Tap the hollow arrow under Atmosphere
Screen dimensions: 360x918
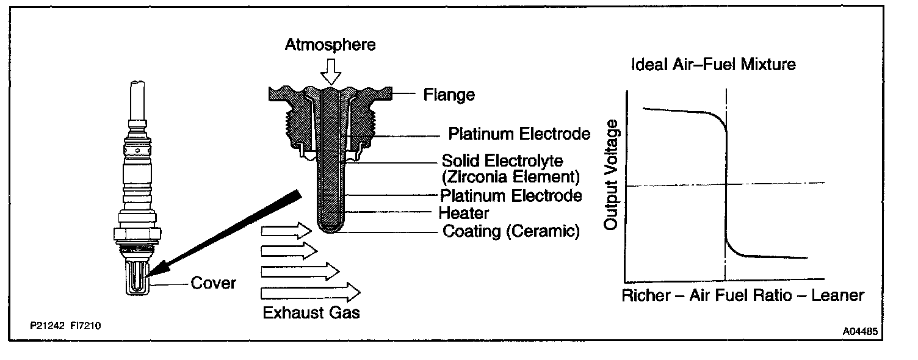[x=331, y=72]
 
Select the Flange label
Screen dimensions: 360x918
[x=449, y=95]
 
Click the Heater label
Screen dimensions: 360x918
[x=464, y=214]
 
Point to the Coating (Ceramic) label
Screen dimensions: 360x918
[x=510, y=232]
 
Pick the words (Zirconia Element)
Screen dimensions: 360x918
[x=510, y=178]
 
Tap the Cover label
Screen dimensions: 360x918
[x=213, y=283]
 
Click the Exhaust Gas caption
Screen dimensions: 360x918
[x=311, y=314]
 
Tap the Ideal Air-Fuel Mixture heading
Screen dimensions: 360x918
[x=714, y=64]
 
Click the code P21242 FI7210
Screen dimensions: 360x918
[x=65, y=326]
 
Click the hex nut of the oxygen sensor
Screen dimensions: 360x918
[x=138, y=233]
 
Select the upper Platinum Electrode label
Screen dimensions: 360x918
[x=519, y=134]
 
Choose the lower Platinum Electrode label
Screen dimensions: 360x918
[x=511, y=196]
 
